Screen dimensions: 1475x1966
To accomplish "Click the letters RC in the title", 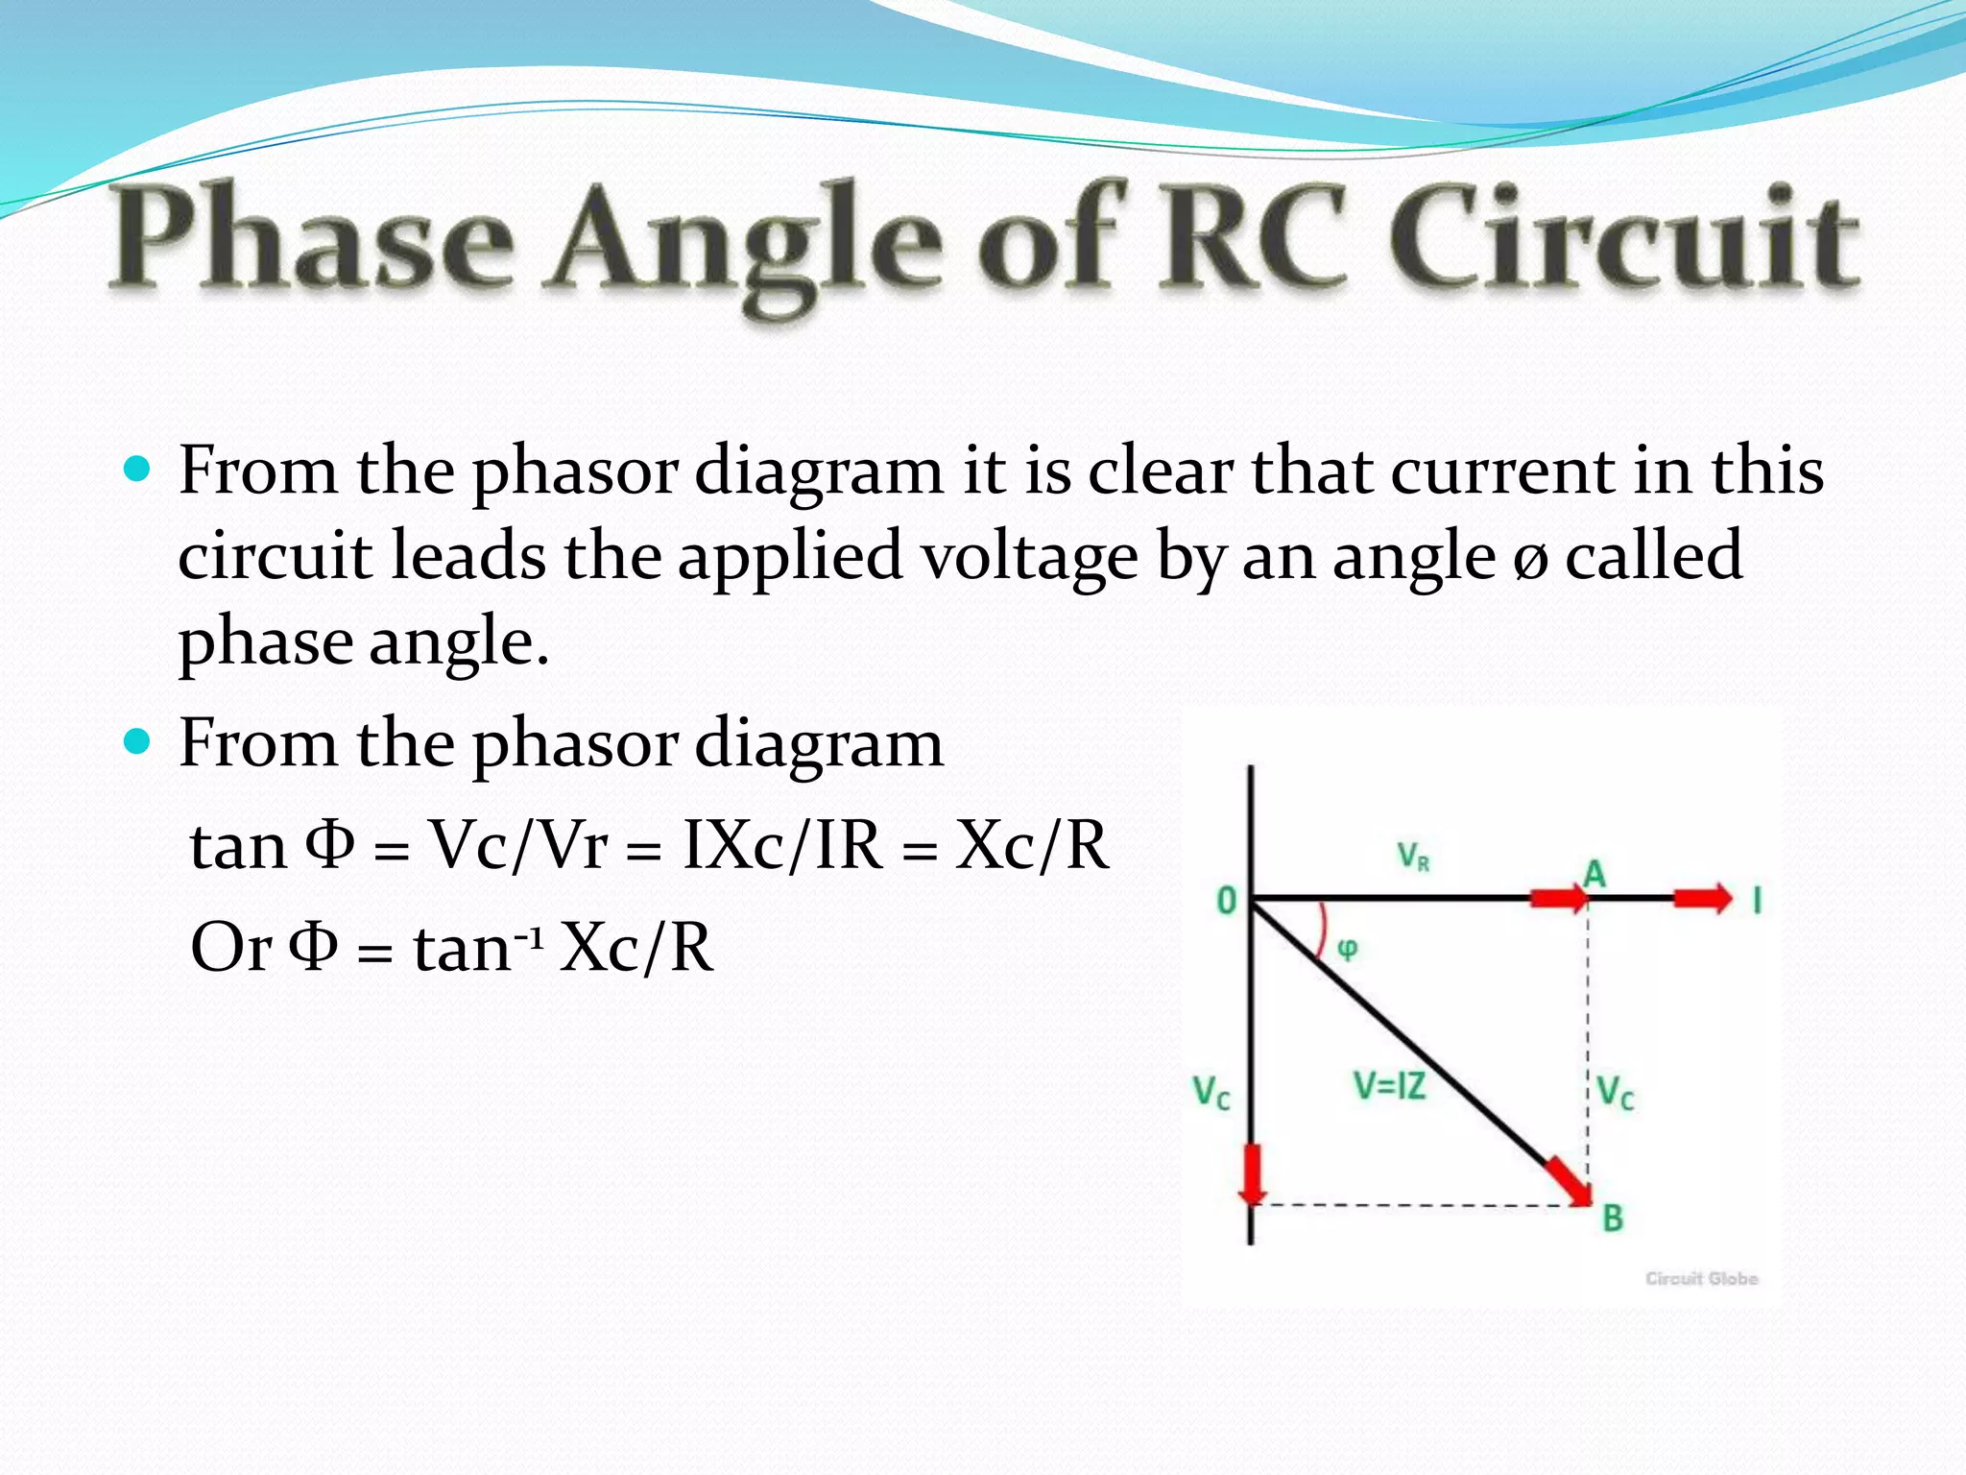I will tap(1253, 238).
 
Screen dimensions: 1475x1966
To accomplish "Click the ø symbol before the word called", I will tap(1529, 561).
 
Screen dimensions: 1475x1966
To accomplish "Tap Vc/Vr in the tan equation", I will tap(518, 846).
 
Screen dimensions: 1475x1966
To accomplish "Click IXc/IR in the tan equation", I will tap(781, 846).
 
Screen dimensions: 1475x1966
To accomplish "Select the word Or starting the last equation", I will tap(230, 948).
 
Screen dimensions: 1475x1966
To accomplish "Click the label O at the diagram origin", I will tap(1226, 901).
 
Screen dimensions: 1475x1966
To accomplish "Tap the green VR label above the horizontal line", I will tap(1412, 855).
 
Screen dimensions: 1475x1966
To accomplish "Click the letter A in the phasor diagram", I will tap(1594, 874).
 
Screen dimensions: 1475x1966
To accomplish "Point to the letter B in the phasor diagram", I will tap(1613, 1219).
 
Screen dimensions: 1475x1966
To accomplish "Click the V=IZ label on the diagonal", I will tap(1389, 1086).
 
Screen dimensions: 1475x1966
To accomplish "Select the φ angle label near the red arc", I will tap(1348, 949).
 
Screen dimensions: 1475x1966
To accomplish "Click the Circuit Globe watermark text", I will tap(1701, 1278).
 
